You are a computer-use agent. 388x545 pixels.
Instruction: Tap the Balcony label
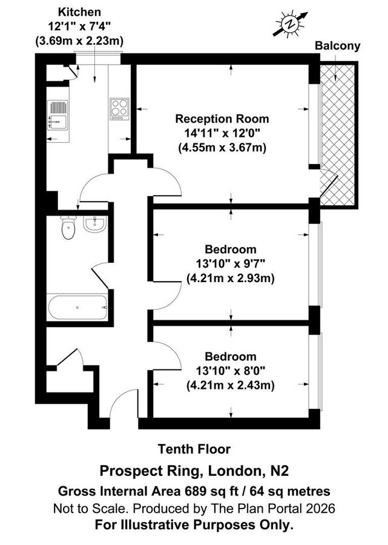coord(338,45)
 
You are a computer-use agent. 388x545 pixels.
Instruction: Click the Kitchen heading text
coord(79,12)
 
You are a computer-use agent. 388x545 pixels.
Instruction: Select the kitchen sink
coord(59,113)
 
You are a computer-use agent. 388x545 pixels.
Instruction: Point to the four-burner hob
coord(119,109)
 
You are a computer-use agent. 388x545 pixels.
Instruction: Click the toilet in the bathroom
coord(68,230)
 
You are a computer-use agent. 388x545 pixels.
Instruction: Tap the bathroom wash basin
coord(94,225)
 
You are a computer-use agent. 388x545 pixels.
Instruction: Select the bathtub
coord(77,308)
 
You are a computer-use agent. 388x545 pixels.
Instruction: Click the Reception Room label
coord(222,119)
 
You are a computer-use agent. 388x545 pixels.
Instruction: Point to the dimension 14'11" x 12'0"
coord(222,133)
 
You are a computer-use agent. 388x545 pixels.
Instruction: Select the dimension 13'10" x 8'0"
coord(230,371)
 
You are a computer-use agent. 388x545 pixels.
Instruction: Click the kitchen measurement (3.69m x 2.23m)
coord(79,41)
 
